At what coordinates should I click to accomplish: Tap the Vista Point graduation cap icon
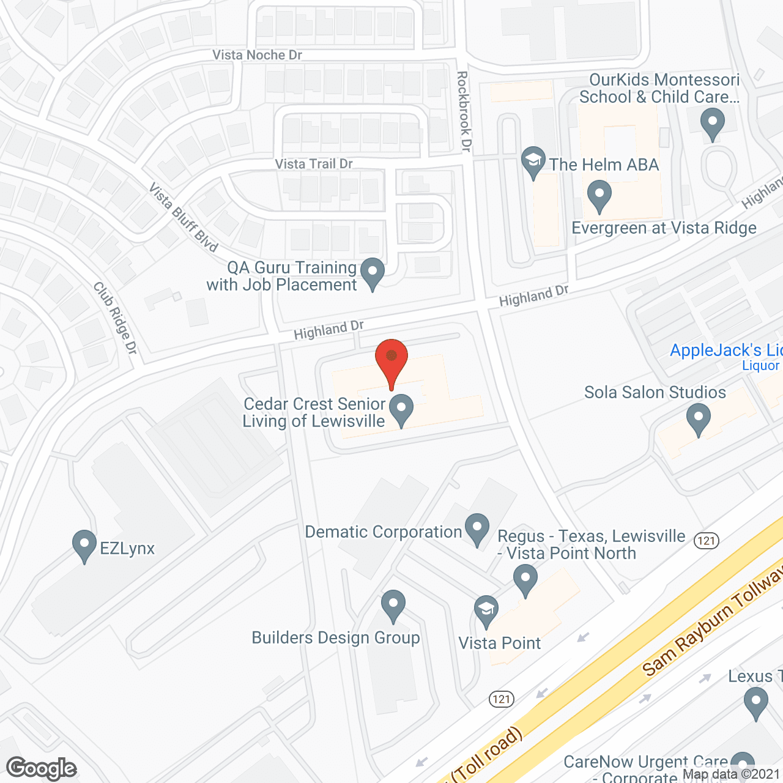tap(486, 610)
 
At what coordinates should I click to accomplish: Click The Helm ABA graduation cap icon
tap(533, 161)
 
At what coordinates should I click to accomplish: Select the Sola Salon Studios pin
tap(698, 419)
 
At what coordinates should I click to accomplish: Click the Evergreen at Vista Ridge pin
tap(599, 195)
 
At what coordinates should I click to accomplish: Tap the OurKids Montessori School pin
tap(713, 122)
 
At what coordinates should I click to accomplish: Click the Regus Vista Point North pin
tap(525, 579)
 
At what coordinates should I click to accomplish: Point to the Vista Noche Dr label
tap(257, 55)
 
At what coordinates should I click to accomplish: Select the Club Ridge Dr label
tap(115, 317)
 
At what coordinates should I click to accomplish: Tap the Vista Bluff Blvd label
tap(183, 218)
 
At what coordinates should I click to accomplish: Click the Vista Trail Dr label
tap(314, 164)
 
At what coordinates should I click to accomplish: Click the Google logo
tap(42, 768)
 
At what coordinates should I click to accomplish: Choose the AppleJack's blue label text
tap(725, 351)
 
